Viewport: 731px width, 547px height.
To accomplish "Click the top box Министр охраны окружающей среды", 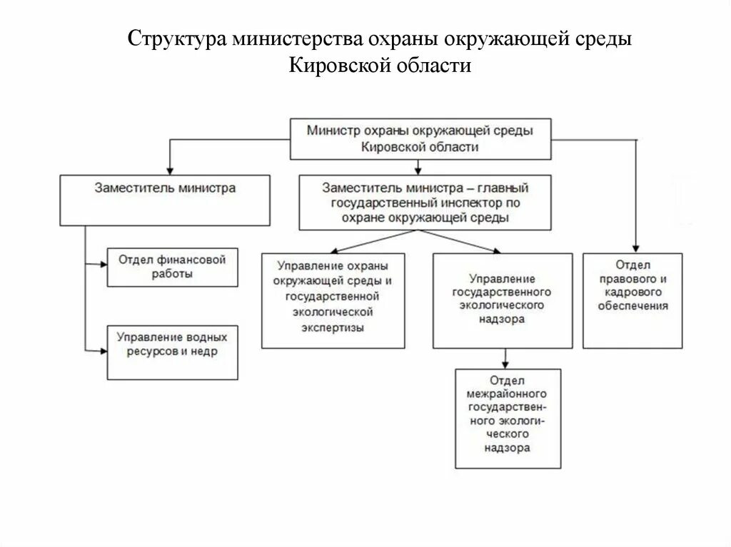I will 420,138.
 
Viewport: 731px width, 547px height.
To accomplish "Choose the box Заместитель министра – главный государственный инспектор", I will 425,203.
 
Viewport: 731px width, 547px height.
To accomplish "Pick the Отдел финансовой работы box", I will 172,267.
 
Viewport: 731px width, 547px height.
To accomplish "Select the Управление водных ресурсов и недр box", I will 172,352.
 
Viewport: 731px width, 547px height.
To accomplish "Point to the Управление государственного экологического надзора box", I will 502,300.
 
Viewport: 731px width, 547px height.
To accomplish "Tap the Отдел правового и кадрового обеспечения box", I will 632,300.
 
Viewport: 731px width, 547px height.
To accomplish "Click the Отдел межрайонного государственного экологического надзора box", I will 508,418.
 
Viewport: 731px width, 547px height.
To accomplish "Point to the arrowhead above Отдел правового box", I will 635,248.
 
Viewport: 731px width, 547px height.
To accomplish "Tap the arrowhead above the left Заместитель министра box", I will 168,170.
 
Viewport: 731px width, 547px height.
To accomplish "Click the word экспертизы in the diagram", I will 333,328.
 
